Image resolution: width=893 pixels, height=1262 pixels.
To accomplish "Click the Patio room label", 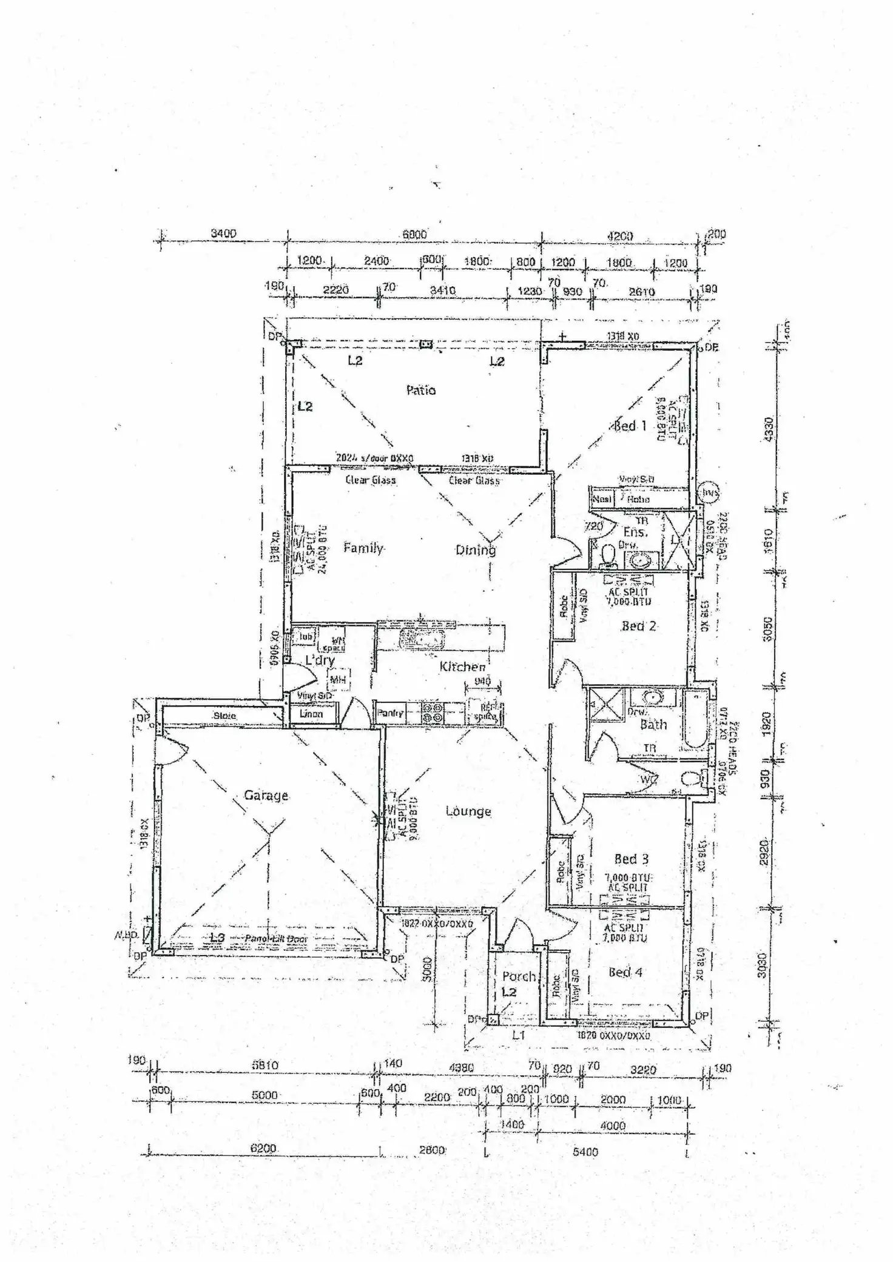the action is pyautogui.click(x=420, y=390).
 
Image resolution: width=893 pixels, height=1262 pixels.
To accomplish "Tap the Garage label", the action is pyautogui.click(x=266, y=795).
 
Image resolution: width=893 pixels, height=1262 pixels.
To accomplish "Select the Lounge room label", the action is pyautogui.click(x=468, y=811).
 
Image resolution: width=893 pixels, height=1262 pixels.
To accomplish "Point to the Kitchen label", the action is pyautogui.click(x=462, y=667).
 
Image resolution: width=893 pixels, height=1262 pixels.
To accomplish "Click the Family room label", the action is pyautogui.click(x=363, y=548).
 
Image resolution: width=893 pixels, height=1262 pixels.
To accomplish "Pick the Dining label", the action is pyautogui.click(x=476, y=550).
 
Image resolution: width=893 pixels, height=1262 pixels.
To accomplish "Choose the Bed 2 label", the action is pyautogui.click(x=638, y=626).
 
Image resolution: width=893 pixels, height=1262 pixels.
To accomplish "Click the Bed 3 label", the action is pyautogui.click(x=631, y=859).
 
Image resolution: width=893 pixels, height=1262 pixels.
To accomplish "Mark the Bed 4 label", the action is pyautogui.click(x=625, y=972).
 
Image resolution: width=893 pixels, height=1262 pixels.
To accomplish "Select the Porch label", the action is pyautogui.click(x=519, y=976).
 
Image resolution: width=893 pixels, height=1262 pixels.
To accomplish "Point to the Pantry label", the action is pyautogui.click(x=390, y=713).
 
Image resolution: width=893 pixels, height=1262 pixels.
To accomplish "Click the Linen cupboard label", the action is pyautogui.click(x=311, y=714).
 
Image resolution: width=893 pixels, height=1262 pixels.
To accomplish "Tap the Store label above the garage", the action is pyautogui.click(x=224, y=716).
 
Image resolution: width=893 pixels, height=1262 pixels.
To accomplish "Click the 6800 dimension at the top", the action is pyautogui.click(x=414, y=235).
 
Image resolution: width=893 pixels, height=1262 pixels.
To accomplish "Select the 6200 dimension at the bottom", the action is pyautogui.click(x=263, y=1149).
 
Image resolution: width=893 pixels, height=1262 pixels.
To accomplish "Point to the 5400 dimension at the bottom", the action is pyautogui.click(x=585, y=1152).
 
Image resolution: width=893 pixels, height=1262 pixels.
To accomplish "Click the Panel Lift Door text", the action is pyautogui.click(x=276, y=939).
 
